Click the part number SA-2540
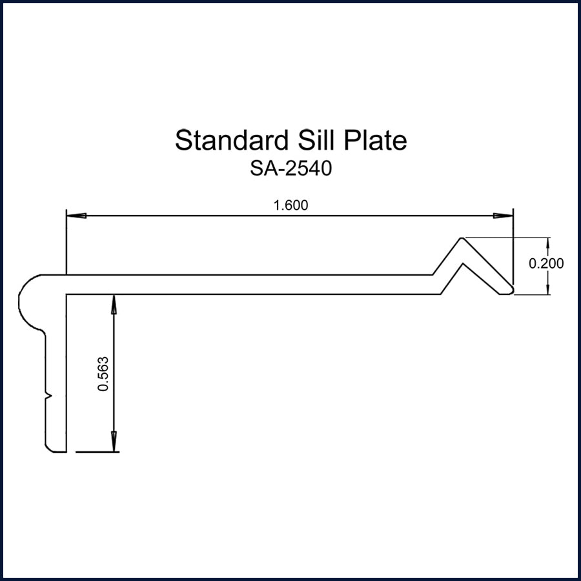[x=290, y=168]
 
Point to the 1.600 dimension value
[x=291, y=206]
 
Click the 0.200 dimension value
[x=546, y=263]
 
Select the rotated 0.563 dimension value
[x=102, y=374]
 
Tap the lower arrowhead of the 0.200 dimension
[x=548, y=286]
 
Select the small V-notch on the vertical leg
[x=48, y=393]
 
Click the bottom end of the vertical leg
[x=56, y=451]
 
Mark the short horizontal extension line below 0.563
[x=97, y=452]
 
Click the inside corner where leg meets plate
[x=67, y=295]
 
